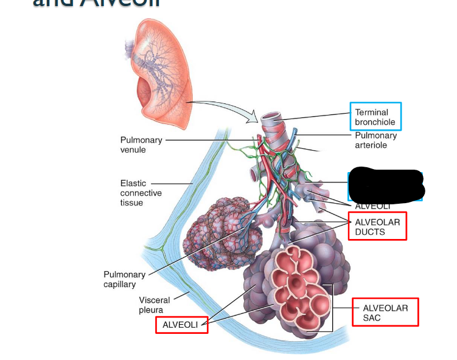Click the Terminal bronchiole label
point(375,117)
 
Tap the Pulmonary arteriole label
point(375,140)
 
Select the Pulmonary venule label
point(141,145)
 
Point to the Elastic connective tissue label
point(141,193)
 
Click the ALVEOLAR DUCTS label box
point(377,226)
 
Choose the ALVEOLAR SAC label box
point(385,313)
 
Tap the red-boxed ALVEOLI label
point(180,325)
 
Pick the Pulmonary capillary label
point(124,279)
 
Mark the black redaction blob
point(386,183)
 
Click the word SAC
point(372,318)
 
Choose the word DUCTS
point(370,232)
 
